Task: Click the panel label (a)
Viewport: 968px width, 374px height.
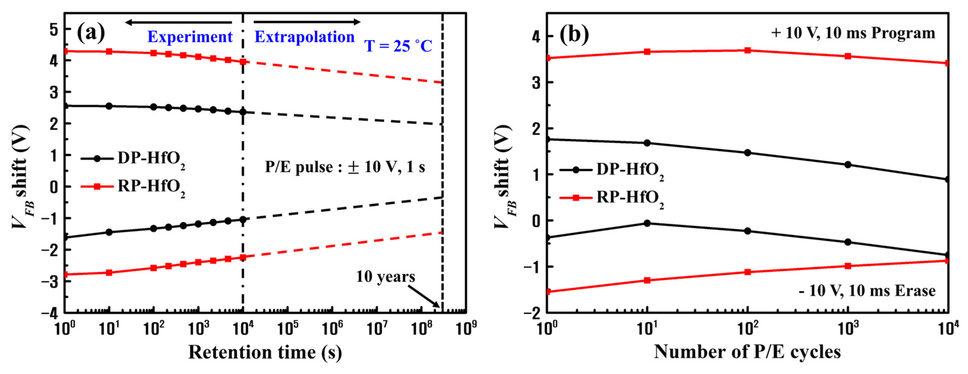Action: click(91, 33)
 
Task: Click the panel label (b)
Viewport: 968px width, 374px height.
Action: click(574, 34)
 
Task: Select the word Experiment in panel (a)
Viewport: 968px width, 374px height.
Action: click(190, 37)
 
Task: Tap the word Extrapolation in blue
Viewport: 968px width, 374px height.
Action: click(304, 37)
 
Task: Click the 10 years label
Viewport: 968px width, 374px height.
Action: click(385, 277)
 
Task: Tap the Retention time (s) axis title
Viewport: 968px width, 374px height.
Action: click(265, 352)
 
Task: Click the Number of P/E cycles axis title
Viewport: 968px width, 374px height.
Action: click(747, 352)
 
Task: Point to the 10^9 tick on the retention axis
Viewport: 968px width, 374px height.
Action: click(466, 328)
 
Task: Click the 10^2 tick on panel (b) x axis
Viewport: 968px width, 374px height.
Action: click(748, 328)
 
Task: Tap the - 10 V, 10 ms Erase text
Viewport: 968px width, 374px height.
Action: click(867, 290)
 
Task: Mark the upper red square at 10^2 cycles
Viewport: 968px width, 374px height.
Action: click(747, 50)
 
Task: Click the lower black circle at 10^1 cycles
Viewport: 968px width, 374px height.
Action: click(647, 223)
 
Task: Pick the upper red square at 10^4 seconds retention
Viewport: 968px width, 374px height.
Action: click(243, 62)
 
